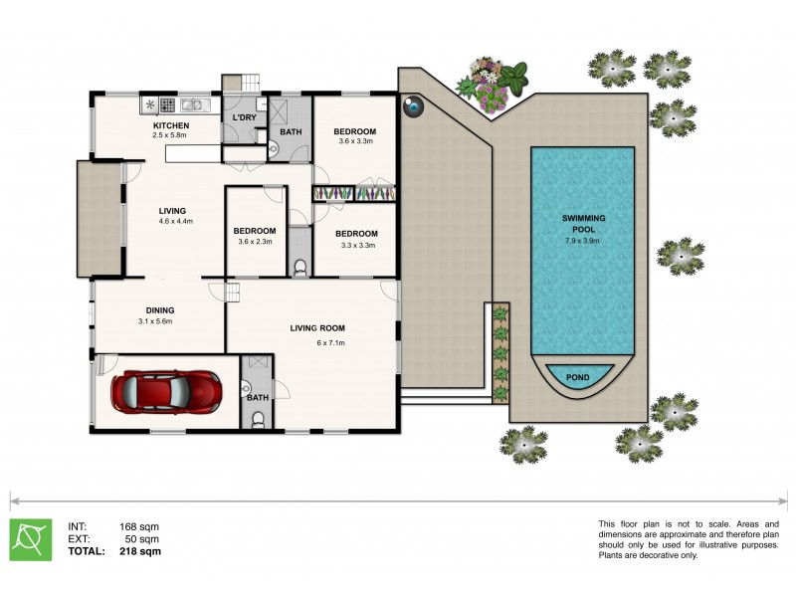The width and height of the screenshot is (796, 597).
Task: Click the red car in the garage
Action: point(166,392)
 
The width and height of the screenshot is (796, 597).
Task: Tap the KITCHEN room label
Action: point(170,125)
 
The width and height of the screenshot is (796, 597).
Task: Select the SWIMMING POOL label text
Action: point(584,222)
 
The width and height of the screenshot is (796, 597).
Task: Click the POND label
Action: point(577,378)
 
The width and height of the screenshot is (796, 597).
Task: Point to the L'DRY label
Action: point(244,118)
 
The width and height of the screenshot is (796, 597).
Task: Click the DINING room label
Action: point(159,309)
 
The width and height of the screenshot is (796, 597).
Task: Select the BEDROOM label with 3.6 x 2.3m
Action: point(255,231)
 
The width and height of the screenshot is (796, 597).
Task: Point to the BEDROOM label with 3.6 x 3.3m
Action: point(354,131)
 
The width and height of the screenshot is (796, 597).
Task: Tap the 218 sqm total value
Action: point(140,550)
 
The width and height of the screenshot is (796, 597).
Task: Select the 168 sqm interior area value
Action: point(140,526)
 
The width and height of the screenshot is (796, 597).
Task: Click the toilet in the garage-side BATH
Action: point(258,420)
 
